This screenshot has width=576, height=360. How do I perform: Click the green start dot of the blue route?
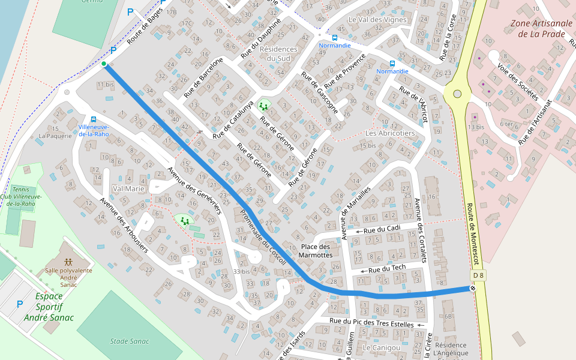tap(104, 64)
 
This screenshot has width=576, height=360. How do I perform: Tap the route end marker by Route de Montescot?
tap(473, 289)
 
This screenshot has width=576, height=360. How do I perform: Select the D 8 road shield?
tap(478, 275)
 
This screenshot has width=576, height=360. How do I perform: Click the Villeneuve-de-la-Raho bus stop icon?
tap(93, 119)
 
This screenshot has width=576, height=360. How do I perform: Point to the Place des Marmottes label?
tap(316, 251)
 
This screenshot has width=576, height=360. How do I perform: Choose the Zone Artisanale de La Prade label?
tap(538, 29)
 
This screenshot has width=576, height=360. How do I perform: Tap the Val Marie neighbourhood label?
tap(128, 188)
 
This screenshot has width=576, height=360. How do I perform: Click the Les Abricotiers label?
tap(390, 133)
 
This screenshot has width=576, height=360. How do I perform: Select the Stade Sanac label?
tap(130, 341)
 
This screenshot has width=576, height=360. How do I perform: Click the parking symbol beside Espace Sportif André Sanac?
tap(20, 305)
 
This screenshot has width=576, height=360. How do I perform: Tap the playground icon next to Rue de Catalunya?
tap(264, 107)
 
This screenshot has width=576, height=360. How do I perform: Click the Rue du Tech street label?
tap(387, 268)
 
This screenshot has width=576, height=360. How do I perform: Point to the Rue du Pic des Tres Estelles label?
tap(371, 323)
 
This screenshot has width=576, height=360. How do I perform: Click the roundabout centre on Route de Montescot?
tap(457, 94)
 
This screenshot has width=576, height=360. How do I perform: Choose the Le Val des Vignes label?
tap(377, 20)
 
